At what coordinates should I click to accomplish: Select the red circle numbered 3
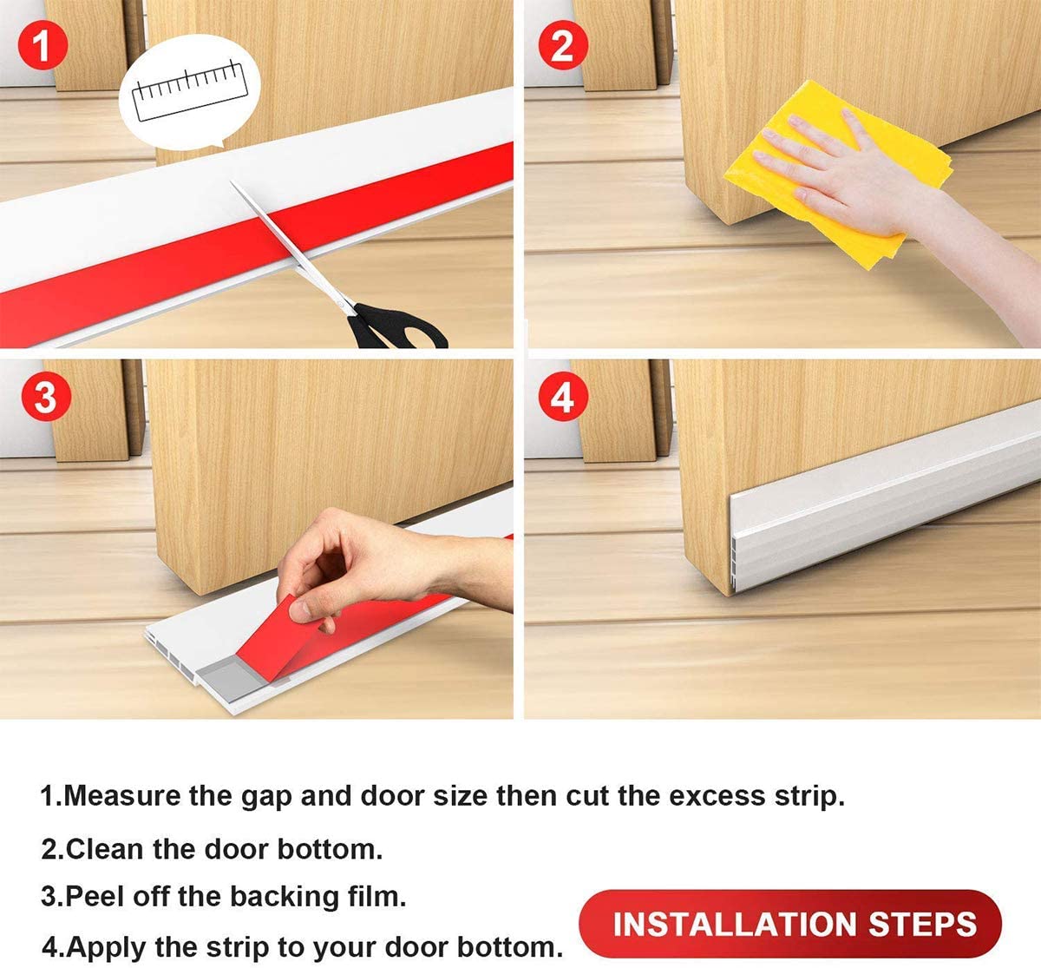point(45,398)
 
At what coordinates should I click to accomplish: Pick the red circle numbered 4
point(562,398)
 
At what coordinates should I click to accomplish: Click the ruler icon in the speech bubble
point(189,88)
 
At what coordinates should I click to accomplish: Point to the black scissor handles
point(395,328)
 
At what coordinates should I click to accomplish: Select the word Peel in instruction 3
point(94,895)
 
